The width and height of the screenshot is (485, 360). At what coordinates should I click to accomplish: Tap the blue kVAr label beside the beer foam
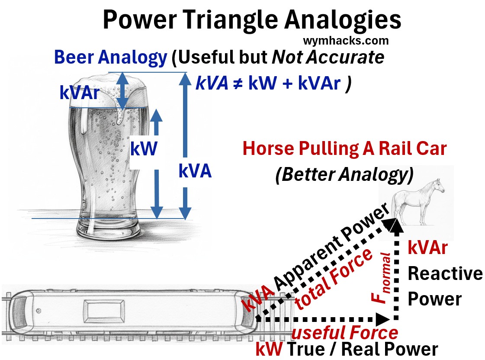pyautogui.click(x=80, y=93)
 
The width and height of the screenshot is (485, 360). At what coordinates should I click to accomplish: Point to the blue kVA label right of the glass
pyautogui.click(x=195, y=172)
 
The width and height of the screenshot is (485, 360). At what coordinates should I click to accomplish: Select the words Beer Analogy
pyautogui.click(x=110, y=58)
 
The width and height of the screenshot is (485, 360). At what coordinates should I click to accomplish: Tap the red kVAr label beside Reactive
pyautogui.click(x=427, y=248)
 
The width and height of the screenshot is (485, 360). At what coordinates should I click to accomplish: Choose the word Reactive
pyautogui.click(x=445, y=273)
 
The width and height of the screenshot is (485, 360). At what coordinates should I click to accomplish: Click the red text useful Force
pyautogui.click(x=345, y=333)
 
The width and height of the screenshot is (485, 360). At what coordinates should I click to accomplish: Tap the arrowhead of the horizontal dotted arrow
pyautogui.click(x=383, y=319)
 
